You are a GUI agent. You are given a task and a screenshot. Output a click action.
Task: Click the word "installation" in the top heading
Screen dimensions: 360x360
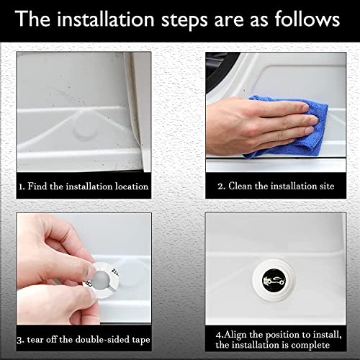[106, 19]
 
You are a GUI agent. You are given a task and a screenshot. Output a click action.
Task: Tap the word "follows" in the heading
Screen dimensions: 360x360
[307, 19]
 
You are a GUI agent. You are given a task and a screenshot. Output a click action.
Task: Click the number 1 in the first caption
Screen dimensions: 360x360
[21, 186]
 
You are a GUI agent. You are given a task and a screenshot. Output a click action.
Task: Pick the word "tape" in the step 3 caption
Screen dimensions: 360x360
[141, 341]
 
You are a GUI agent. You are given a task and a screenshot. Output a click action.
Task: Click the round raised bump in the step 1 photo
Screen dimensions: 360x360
[85, 130]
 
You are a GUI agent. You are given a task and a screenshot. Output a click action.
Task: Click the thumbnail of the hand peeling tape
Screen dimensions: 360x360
[84, 269]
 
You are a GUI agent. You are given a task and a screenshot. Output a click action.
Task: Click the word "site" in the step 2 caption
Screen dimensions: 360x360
[327, 186]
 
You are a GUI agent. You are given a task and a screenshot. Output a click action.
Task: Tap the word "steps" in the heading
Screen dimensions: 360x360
[184, 20]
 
